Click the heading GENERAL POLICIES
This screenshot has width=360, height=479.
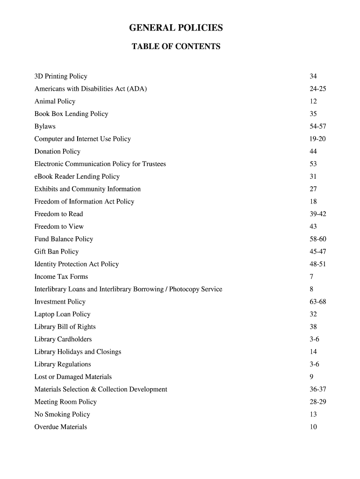(x=176, y=29)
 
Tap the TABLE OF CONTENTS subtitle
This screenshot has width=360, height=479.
(x=176, y=47)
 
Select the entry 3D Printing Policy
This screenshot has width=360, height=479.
(x=61, y=76)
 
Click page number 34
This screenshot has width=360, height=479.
(x=313, y=76)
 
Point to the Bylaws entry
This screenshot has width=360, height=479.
(x=45, y=126)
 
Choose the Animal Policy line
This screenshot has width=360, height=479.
(x=55, y=102)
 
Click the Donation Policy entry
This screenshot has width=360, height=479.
(x=58, y=152)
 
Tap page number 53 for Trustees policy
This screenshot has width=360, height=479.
(x=313, y=164)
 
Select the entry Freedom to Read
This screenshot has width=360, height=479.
(x=58, y=214)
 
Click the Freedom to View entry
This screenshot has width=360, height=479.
(x=59, y=227)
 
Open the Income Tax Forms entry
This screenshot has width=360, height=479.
(x=61, y=277)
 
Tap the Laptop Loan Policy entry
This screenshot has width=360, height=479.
(x=62, y=314)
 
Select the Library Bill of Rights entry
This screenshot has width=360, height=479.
(x=65, y=327)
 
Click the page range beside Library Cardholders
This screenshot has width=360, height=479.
(x=314, y=340)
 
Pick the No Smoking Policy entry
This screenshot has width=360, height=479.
(x=62, y=414)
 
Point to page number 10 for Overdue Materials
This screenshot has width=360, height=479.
(x=313, y=427)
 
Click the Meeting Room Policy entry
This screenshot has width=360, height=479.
(x=65, y=402)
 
